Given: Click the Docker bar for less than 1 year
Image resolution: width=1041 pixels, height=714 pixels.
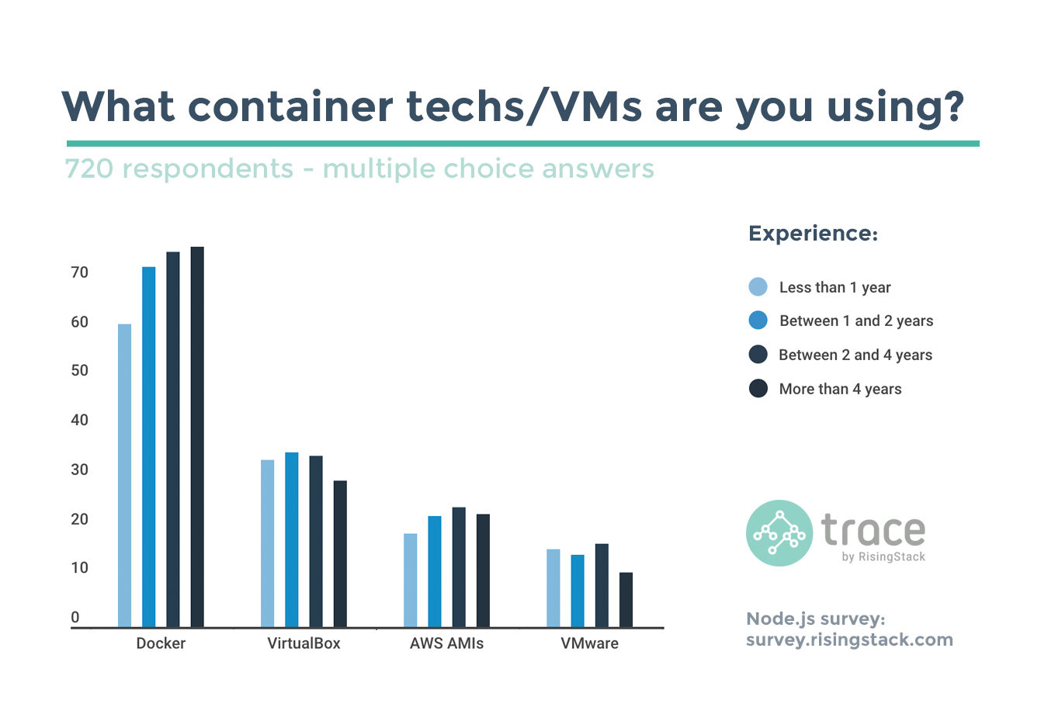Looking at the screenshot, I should click(124, 475).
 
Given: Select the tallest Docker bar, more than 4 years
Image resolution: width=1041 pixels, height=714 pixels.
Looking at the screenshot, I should click(197, 436).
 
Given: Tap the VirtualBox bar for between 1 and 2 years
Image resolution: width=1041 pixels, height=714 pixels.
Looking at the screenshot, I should click(292, 539).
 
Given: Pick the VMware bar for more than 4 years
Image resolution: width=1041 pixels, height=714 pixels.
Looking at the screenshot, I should click(626, 599).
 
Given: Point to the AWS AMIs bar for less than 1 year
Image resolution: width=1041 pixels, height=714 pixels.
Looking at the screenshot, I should click(411, 580).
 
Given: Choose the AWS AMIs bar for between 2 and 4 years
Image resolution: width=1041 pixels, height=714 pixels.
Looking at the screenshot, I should click(459, 567).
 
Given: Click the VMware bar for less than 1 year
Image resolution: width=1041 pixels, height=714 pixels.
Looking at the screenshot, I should click(553, 587).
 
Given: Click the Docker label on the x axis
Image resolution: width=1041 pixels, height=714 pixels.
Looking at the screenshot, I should click(161, 643).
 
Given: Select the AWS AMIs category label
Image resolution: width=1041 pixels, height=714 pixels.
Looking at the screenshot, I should click(446, 643).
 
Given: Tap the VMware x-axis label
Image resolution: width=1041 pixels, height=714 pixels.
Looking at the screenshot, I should click(589, 643).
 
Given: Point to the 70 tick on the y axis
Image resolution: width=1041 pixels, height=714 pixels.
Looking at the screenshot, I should click(79, 272).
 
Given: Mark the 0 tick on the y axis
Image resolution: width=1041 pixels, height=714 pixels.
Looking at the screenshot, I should click(75, 618).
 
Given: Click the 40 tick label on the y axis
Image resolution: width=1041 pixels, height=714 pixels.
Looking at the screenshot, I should click(79, 420).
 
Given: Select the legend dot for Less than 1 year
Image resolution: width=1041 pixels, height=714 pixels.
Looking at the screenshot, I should click(758, 286).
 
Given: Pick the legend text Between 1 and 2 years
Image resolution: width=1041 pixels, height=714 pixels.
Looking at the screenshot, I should click(856, 321).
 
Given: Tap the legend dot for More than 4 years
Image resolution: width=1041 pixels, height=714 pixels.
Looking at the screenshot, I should click(758, 388).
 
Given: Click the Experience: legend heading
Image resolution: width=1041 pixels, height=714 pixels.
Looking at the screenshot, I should click(813, 234).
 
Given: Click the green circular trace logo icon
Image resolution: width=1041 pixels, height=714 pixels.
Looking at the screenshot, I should click(779, 532).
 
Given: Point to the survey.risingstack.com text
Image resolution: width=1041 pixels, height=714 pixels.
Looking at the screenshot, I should click(849, 640).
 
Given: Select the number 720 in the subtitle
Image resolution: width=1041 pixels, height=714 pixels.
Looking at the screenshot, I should click(89, 168).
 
